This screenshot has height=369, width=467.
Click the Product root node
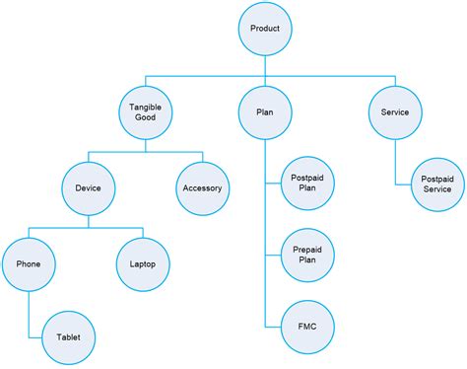[x=265, y=29]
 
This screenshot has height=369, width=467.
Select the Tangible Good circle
[x=145, y=112]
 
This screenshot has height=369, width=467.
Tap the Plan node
[x=265, y=112]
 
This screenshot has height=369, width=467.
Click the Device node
[x=88, y=187]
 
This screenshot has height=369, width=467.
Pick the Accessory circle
[x=203, y=187]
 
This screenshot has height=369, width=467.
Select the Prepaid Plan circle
[x=307, y=254]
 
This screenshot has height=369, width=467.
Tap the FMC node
[x=307, y=327]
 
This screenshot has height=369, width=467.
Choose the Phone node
[x=29, y=263]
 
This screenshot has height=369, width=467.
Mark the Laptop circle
[x=143, y=263]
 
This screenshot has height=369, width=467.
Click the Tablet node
[x=68, y=337]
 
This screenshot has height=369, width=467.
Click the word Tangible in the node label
[x=145, y=107]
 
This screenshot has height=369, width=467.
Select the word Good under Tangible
[x=145, y=118]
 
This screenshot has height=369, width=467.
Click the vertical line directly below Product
[x=265, y=64]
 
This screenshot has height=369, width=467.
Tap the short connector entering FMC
[x=273, y=327]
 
